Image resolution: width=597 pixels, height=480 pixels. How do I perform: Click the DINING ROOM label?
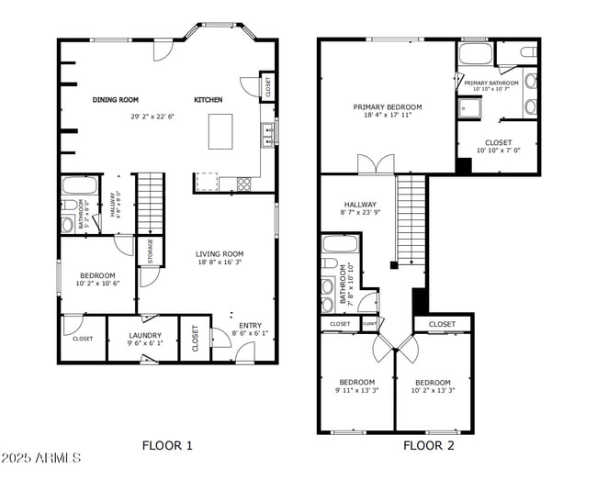[115, 99]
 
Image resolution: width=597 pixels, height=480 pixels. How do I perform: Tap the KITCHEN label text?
[207, 99]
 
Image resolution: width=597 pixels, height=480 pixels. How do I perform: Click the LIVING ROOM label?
[220, 254]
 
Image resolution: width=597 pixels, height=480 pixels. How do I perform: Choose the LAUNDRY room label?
[145, 335]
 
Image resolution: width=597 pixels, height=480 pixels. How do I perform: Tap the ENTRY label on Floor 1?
[250, 325]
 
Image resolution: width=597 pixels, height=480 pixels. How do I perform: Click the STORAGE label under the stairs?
[151, 251]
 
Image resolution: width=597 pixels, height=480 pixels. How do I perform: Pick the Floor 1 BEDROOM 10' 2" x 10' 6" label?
[96, 275]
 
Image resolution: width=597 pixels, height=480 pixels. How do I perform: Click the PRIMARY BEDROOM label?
[386, 107]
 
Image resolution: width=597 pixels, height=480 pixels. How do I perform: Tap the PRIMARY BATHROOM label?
[491, 83]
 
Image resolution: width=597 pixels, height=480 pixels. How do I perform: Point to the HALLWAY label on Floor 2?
[360, 205]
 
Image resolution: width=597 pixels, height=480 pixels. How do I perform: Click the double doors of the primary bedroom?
[376, 164]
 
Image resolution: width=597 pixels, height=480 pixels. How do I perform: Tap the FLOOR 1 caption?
[167, 446]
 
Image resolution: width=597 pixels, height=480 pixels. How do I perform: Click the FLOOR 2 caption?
[429, 446]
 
